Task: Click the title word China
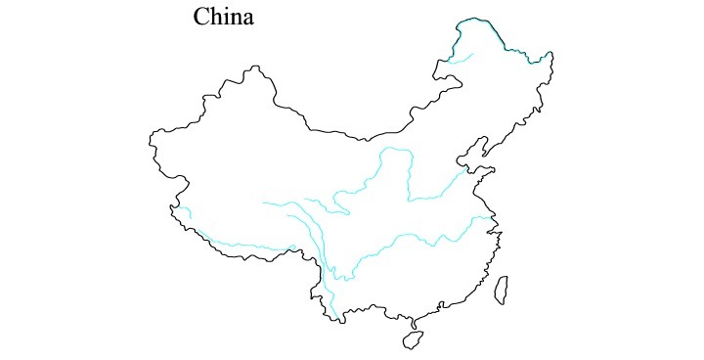click(x=224, y=18)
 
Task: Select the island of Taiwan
click(x=501, y=290)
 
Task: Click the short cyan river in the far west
click(x=184, y=212)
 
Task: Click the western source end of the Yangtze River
click(x=264, y=202)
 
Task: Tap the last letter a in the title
click(x=248, y=20)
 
